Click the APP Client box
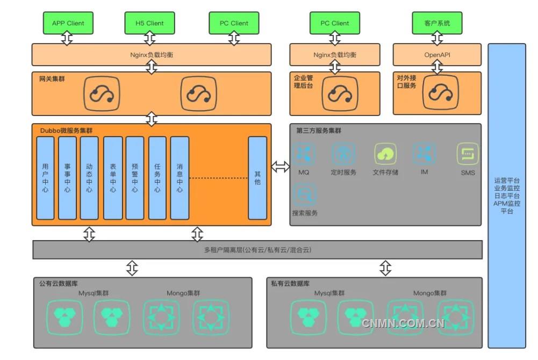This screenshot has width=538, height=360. pyautogui.click(x=68, y=23)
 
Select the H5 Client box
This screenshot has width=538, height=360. pyautogui.click(x=150, y=23)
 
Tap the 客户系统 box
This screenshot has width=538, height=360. pyautogui.click(x=437, y=23)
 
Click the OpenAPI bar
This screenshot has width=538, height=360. pyautogui.click(x=437, y=54)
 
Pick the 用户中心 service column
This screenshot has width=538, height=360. pyautogui.click(x=45, y=178)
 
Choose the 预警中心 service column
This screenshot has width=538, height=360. pyautogui.click(x=135, y=178)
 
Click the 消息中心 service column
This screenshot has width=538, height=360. pyautogui.click(x=180, y=178)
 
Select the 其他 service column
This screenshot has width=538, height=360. pyautogui.click(x=257, y=178)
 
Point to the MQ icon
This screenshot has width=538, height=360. pyautogui.click(x=304, y=154)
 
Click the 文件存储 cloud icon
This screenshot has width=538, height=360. pyautogui.click(x=385, y=154)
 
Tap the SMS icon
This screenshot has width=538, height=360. pyautogui.click(x=468, y=154)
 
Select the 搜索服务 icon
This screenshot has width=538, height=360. pyautogui.click(x=304, y=194)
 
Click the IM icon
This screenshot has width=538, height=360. pyautogui.click(x=424, y=154)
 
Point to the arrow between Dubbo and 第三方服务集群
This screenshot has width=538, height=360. pyautogui.click(x=280, y=167)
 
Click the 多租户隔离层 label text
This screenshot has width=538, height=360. pyautogui.click(x=257, y=250)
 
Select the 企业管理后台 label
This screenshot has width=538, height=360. pyautogui.click(x=303, y=82)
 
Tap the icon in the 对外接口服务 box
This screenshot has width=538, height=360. pyautogui.click(x=441, y=93)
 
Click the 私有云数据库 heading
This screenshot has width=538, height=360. pyautogui.click(x=290, y=283)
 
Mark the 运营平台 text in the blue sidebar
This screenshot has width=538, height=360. pyautogui.click(x=507, y=181)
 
